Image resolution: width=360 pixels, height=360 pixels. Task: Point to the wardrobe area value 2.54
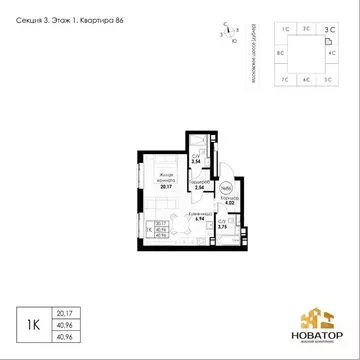tap(199, 187)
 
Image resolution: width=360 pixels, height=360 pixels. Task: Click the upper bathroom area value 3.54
tap(198, 161)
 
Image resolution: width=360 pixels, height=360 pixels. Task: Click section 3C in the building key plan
tap(330, 31)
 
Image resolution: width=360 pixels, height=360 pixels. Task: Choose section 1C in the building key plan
tap(285, 31)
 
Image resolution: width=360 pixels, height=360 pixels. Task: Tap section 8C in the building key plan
tap(281, 52)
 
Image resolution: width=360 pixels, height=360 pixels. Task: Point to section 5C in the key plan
tap(330, 75)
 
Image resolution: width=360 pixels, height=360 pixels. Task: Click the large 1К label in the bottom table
tap(34, 322)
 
